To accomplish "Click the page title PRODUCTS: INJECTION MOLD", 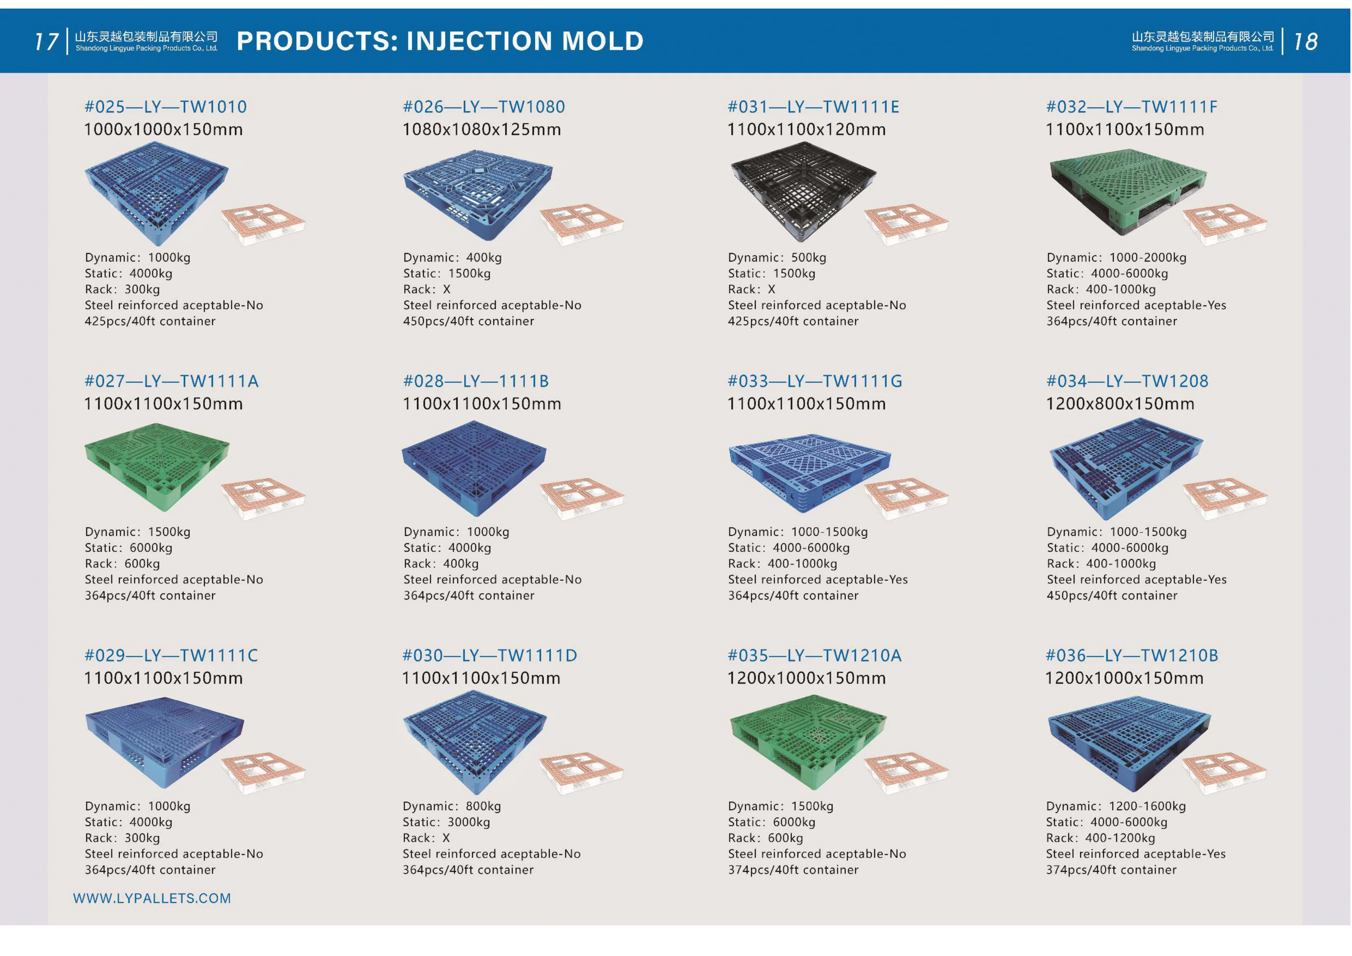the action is point(440,40).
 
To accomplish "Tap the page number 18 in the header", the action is point(1305,41).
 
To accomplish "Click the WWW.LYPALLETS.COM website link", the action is point(152,898).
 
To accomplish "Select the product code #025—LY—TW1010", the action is point(166,107).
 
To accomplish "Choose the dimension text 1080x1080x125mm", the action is point(482,129).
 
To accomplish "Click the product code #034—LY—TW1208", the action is point(1127,381).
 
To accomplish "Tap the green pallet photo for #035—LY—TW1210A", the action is point(808,741).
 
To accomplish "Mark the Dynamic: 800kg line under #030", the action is point(452,806).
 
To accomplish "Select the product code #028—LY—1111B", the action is point(476,381).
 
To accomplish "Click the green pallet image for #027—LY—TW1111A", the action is point(157,466).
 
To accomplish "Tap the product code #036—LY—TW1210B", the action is point(1132,656).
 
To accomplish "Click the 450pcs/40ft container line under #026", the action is point(469,321).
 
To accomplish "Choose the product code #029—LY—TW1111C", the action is point(171,656).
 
